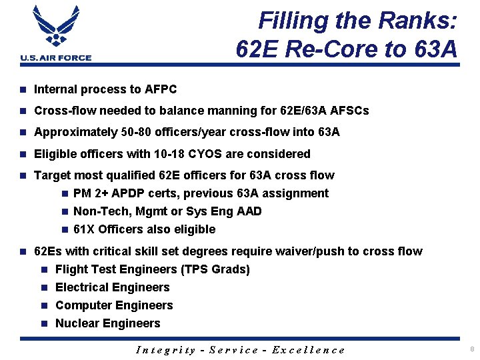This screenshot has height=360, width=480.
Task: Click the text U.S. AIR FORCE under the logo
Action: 56,58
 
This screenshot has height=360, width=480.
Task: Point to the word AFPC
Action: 160,89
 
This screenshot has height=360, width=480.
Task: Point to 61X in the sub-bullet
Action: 85,229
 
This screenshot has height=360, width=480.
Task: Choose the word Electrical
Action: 83,287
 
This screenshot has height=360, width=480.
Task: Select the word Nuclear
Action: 77,323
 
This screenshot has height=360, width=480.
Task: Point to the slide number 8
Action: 472,349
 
